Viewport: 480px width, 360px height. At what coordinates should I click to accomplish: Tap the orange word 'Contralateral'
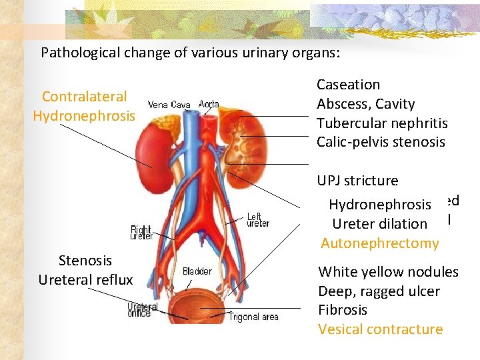click(84, 97)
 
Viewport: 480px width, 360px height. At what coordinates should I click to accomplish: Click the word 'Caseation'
click(348, 85)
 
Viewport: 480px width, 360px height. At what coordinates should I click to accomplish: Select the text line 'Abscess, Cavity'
click(365, 104)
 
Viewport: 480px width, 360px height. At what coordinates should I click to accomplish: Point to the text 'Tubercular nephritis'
click(382, 123)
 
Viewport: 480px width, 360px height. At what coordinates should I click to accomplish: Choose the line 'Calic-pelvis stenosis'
click(381, 142)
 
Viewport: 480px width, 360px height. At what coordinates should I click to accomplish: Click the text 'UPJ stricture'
click(357, 181)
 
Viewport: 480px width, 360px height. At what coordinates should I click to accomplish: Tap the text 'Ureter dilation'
click(379, 224)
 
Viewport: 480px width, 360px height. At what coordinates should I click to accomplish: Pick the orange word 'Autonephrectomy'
click(379, 243)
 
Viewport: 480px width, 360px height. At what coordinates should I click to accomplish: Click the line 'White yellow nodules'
click(388, 272)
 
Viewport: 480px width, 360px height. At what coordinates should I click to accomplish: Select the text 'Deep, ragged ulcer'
click(379, 291)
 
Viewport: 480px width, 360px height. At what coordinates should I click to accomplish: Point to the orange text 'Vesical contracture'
click(380, 329)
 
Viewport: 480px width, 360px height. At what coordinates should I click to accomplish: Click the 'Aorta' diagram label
click(208, 104)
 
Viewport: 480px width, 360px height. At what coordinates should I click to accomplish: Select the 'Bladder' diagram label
click(197, 271)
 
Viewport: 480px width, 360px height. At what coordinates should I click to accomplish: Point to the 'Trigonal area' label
click(254, 317)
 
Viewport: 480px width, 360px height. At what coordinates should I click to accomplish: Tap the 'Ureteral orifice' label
click(144, 311)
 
